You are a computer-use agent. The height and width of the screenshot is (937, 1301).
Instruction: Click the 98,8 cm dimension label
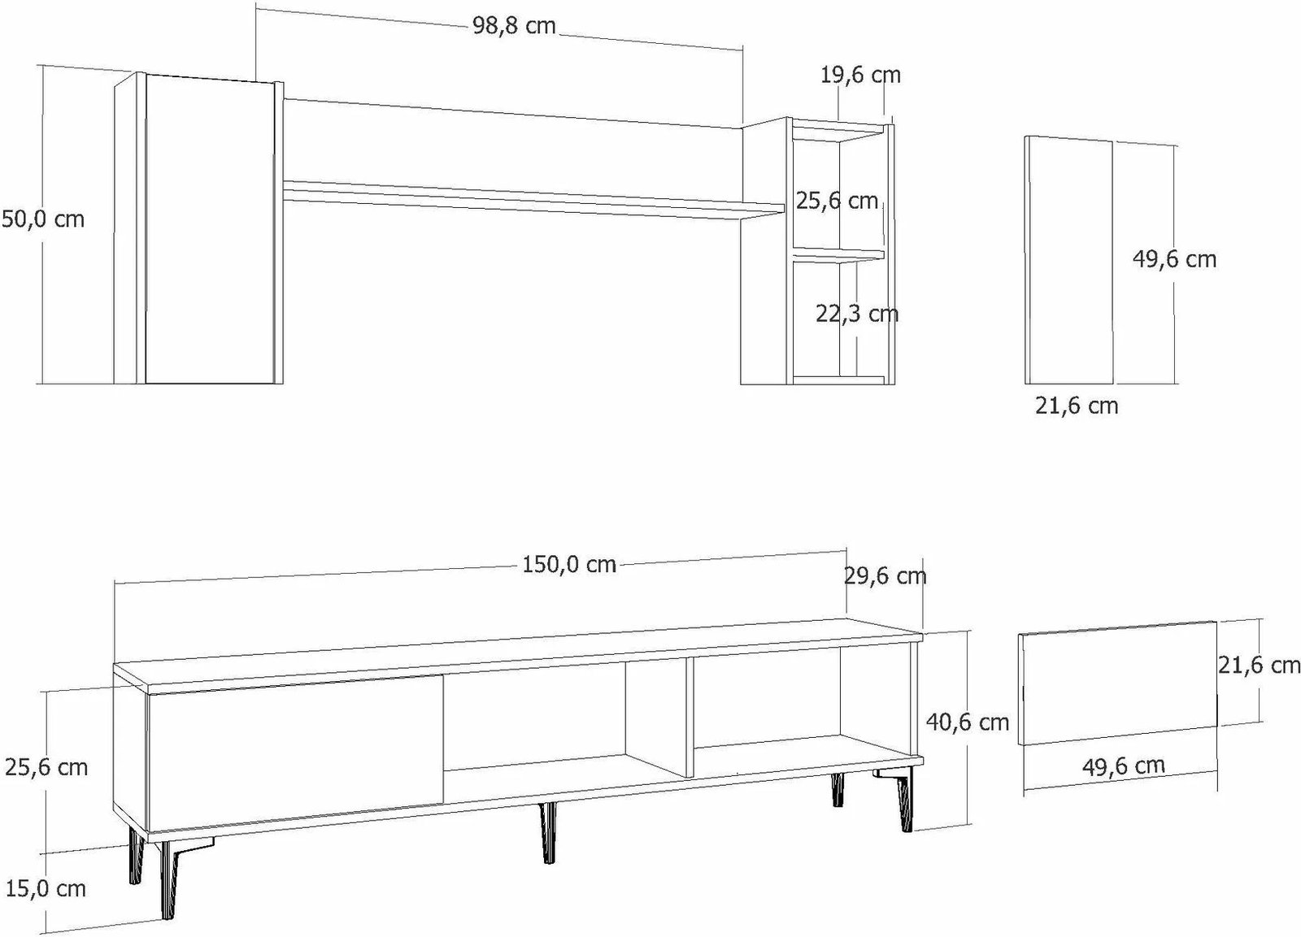tap(514, 26)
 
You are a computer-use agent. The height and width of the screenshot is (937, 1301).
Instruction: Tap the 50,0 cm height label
tap(44, 219)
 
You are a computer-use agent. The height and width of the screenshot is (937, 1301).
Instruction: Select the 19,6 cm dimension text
tap(860, 75)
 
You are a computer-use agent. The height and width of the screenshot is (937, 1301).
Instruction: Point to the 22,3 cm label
tap(857, 314)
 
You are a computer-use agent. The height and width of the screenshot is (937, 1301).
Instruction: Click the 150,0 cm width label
tap(568, 565)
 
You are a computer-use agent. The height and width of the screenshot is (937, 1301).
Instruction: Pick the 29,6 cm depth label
tap(885, 576)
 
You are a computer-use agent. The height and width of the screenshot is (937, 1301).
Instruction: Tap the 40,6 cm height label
tap(967, 722)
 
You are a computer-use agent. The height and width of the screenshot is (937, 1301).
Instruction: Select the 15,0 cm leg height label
tap(46, 889)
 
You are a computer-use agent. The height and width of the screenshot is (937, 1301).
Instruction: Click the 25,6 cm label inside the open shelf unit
tap(837, 201)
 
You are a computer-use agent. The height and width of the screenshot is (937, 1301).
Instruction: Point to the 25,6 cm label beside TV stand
tap(46, 767)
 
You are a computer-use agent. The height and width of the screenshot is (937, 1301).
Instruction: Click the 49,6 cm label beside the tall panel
tap(1174, 259)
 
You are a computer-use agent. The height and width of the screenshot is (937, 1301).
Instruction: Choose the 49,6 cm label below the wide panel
tap(1123, 766)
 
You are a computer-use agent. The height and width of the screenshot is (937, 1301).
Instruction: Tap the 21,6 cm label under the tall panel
tap(1077, 406)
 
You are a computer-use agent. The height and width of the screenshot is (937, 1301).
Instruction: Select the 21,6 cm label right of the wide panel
tap(1259, 666)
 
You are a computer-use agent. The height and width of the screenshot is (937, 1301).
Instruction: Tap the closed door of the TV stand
tap(296, 753)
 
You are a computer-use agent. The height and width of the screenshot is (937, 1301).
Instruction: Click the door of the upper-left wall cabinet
tap(209, 228)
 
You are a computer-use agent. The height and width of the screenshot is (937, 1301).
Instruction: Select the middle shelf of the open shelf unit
tap(838, 255)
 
